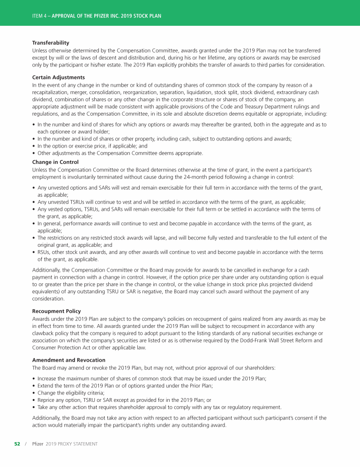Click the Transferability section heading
[x=51, y=43]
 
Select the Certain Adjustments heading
[x=58, y=77]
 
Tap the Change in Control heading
[x=55, y=162]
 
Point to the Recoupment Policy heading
[x=56, y=311]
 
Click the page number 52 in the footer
[x=17, y=444]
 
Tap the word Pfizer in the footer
[x=37, y=444]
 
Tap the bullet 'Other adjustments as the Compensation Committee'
[x=120, y=153]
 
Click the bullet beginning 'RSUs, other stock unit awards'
[x=178, y=252]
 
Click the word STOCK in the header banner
[x=141, y=16]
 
